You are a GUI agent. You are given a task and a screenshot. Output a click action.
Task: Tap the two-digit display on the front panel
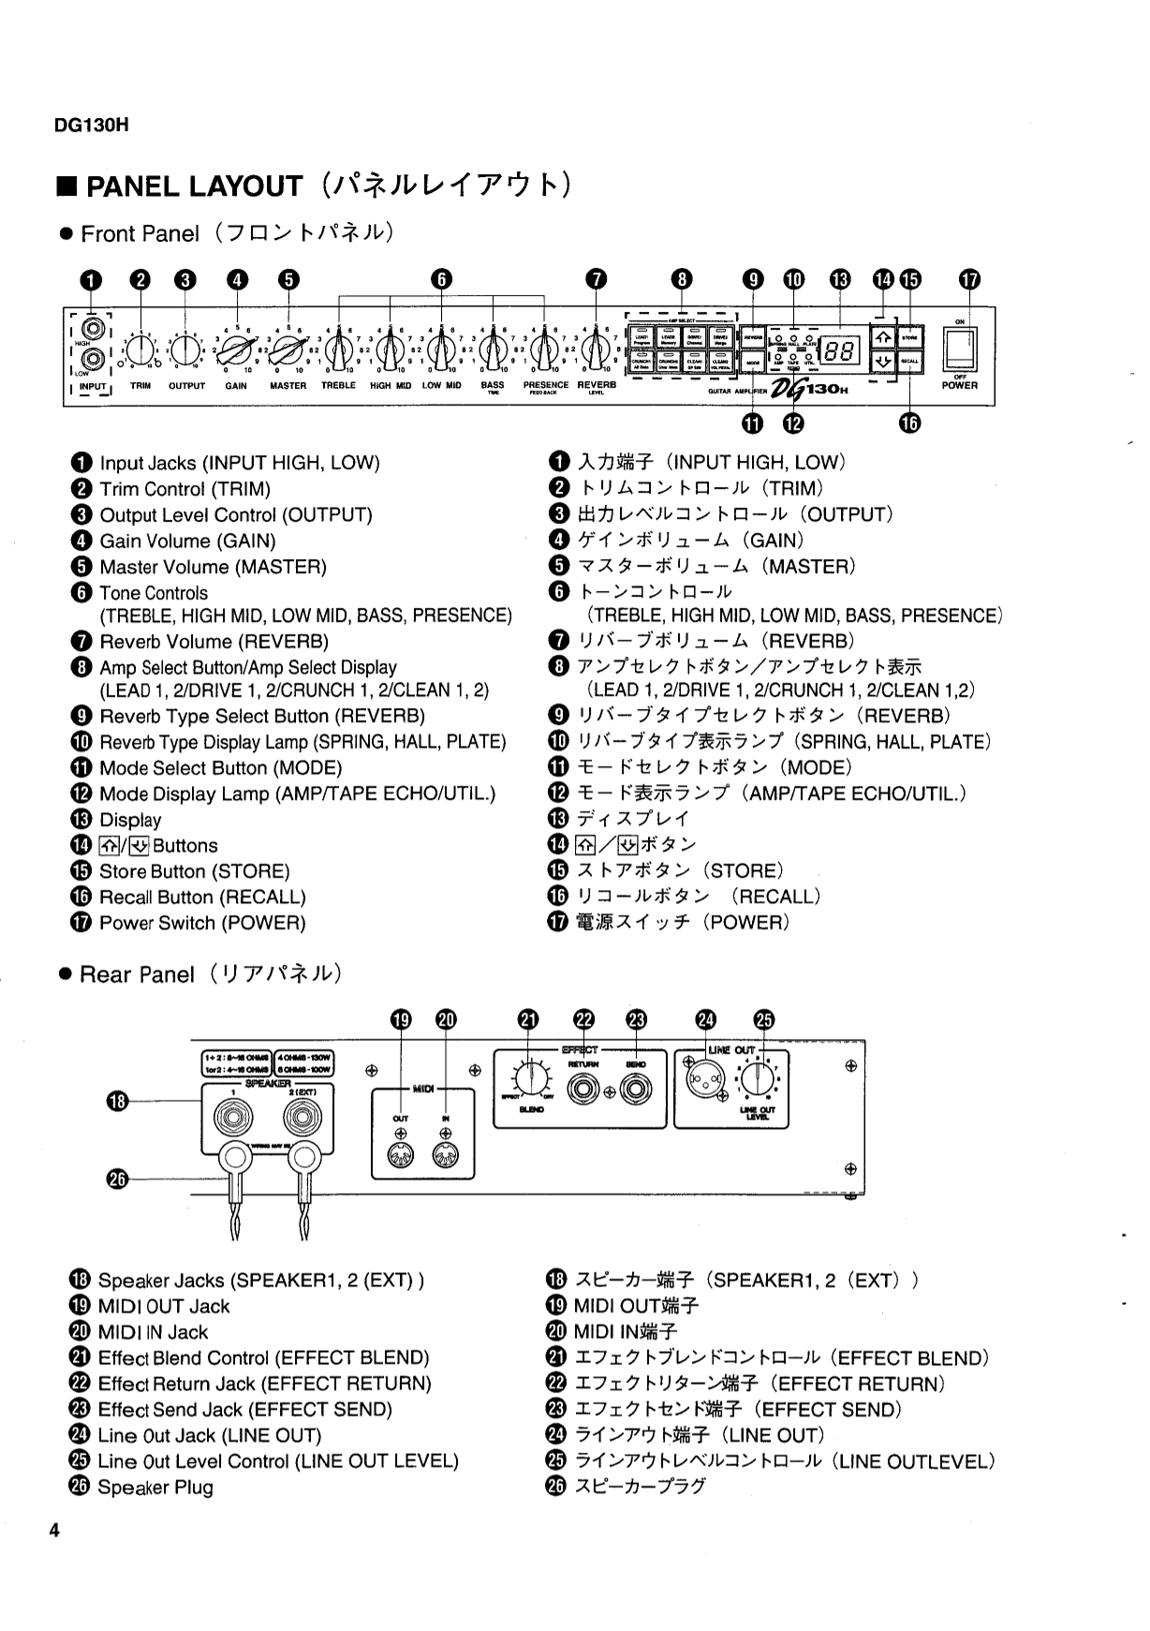tap(839, 351)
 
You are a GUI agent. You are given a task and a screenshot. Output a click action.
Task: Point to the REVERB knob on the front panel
tap(596, 353)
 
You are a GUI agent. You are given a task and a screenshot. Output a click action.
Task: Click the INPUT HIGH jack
tap(91, 329)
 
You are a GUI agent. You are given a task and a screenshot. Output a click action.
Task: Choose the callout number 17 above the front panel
tap(970, 279)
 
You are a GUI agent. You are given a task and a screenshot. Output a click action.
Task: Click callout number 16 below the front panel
tap(909, 423)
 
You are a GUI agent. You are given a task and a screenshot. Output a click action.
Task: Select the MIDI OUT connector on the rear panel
tap(401, 1156)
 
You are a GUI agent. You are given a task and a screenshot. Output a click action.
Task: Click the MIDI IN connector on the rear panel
tap(446, 1156)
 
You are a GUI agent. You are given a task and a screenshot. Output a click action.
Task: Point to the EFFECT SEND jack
tap(637, 1090)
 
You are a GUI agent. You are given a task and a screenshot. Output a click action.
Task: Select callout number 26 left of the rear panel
tap(116, 1179)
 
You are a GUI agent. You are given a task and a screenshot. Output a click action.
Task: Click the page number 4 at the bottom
tap(54, 1531)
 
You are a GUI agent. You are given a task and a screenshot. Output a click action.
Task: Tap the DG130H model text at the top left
tap(91, 125)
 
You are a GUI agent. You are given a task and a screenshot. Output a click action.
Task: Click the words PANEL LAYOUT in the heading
tap(194, 186)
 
